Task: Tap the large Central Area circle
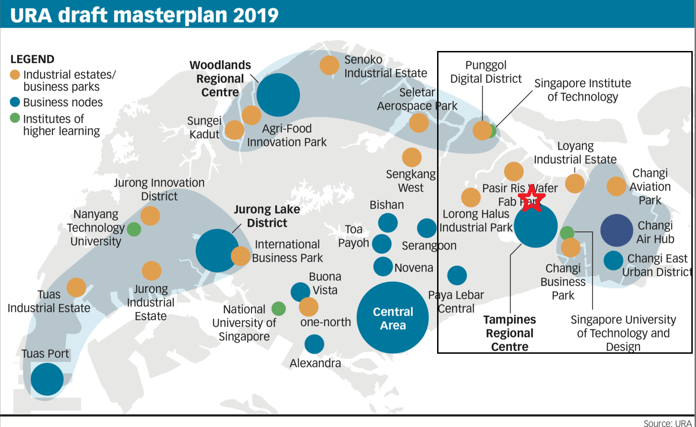click(x=393, y=318)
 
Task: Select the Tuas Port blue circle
click(x=47, y=379)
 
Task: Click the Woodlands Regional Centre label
click(x=220, y=79)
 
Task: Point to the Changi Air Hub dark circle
click(x=616, y=230)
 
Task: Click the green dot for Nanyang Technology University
click(x=134, y=229)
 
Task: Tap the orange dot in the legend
click(x=15, y=75)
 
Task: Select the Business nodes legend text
click(x=63, y=102)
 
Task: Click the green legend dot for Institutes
click(x=15, y=118)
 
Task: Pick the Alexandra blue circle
click(x=314, y=344)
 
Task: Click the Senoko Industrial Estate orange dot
click(x=329, y=65)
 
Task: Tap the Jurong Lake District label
click(x=267, y=216)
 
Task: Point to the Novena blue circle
click(x=383, y=266)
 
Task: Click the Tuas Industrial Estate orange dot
click(x=76, y=287)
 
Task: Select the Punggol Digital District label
click(x=486, y=72)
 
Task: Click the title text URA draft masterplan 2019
click(x=144, y=15)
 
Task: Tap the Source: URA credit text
click(x=667, y=423)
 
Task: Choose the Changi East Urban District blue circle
click(x=613, y=261)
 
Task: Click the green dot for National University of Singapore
click(x=278, y=308)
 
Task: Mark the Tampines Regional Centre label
click(x=509, y=333)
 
